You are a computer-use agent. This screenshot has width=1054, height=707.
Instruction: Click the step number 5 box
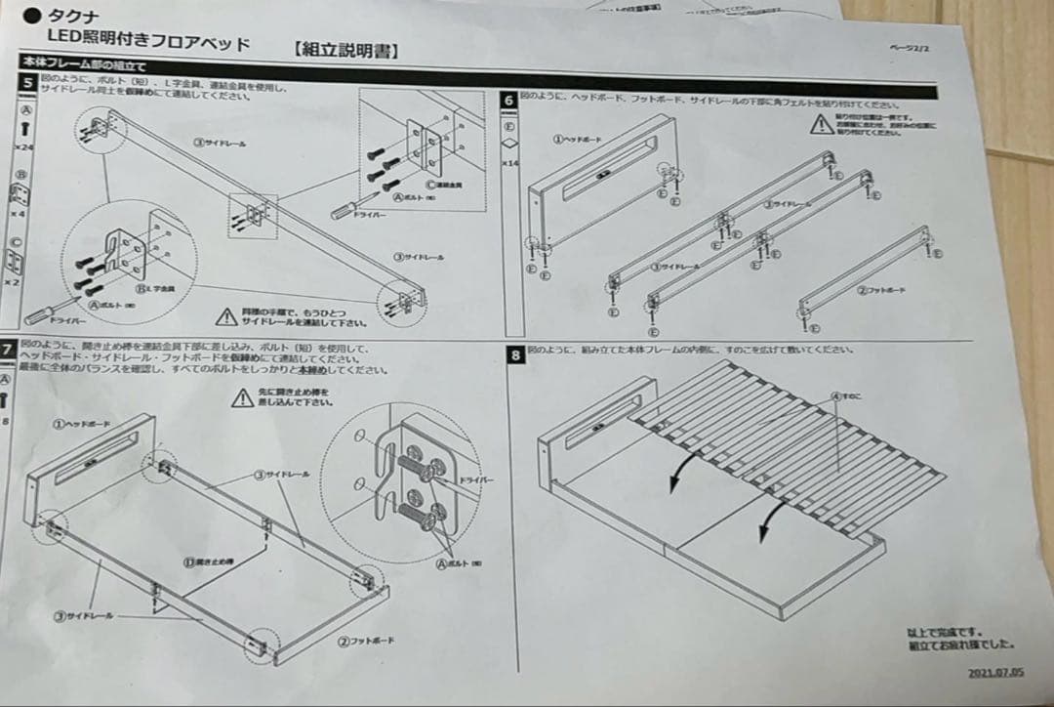pos(28,82)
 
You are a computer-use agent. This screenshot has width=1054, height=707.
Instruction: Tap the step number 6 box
pos(509,100)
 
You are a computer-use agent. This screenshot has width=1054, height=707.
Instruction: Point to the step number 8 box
pos(515,354)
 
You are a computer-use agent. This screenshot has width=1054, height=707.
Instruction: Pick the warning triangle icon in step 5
pos(225,315)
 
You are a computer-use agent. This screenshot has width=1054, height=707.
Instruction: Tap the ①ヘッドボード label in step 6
pos(576,140)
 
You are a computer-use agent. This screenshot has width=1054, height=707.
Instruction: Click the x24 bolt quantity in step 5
pos(24,146)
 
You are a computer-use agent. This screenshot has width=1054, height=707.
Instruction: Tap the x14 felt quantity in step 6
pos(509,163)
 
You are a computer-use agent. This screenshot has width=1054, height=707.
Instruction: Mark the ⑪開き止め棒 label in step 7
pos(210,562)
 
